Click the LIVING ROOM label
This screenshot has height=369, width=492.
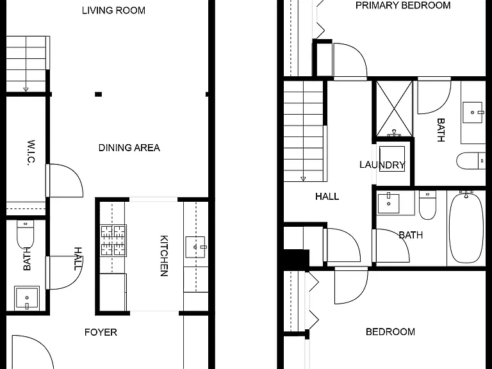(x=113, y=10)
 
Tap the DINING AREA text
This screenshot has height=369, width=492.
(x=129, y=148)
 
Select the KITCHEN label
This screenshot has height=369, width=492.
(x=164, y=256)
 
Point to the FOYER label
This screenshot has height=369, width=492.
(x=101, y=332)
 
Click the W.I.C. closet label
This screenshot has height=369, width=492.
(x=31, y=152)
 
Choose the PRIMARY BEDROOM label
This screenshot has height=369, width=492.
(x=403, y=5)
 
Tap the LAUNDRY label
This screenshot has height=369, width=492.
(x=382, y=165)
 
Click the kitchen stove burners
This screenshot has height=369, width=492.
(x=113, y=240)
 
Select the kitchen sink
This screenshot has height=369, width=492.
(x=195, y=247)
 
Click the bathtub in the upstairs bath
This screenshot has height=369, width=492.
(x=466, y=228)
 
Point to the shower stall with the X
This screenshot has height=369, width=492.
(x=394, y=108)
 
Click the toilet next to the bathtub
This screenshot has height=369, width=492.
(x=427, y=205)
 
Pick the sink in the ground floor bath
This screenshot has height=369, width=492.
(x=27, y=297)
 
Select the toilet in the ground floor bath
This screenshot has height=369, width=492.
(x=25, y=234)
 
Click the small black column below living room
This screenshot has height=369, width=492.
(x=99, y=94)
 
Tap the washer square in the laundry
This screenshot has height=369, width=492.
(x=392, y=158)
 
